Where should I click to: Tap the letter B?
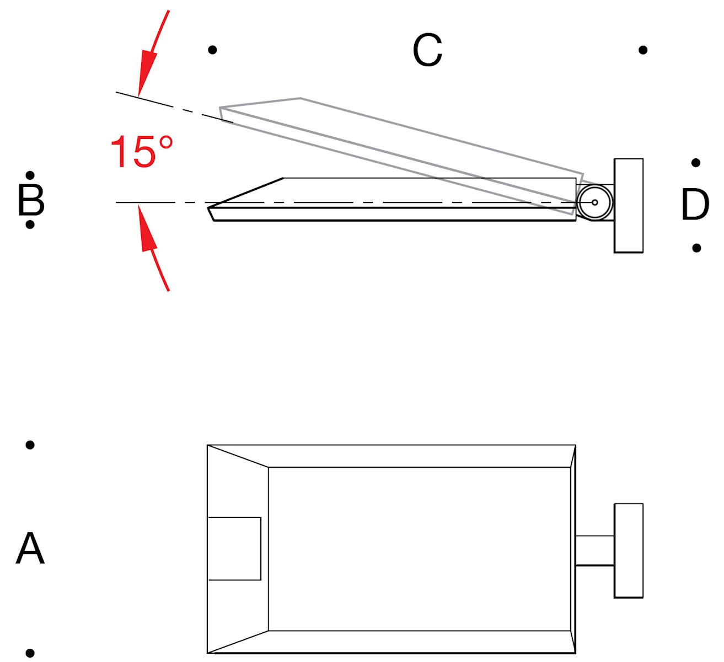[31, 200]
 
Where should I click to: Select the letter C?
[427, 50]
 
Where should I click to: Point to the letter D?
[695, 205]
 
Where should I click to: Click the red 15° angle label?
[142, 152]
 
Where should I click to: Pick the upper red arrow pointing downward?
[153, 54]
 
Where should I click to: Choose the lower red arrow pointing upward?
[153, 247]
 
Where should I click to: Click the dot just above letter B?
[30, 175]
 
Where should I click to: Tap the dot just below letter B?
[30, 225]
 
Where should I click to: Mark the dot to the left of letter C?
[213, 50]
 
